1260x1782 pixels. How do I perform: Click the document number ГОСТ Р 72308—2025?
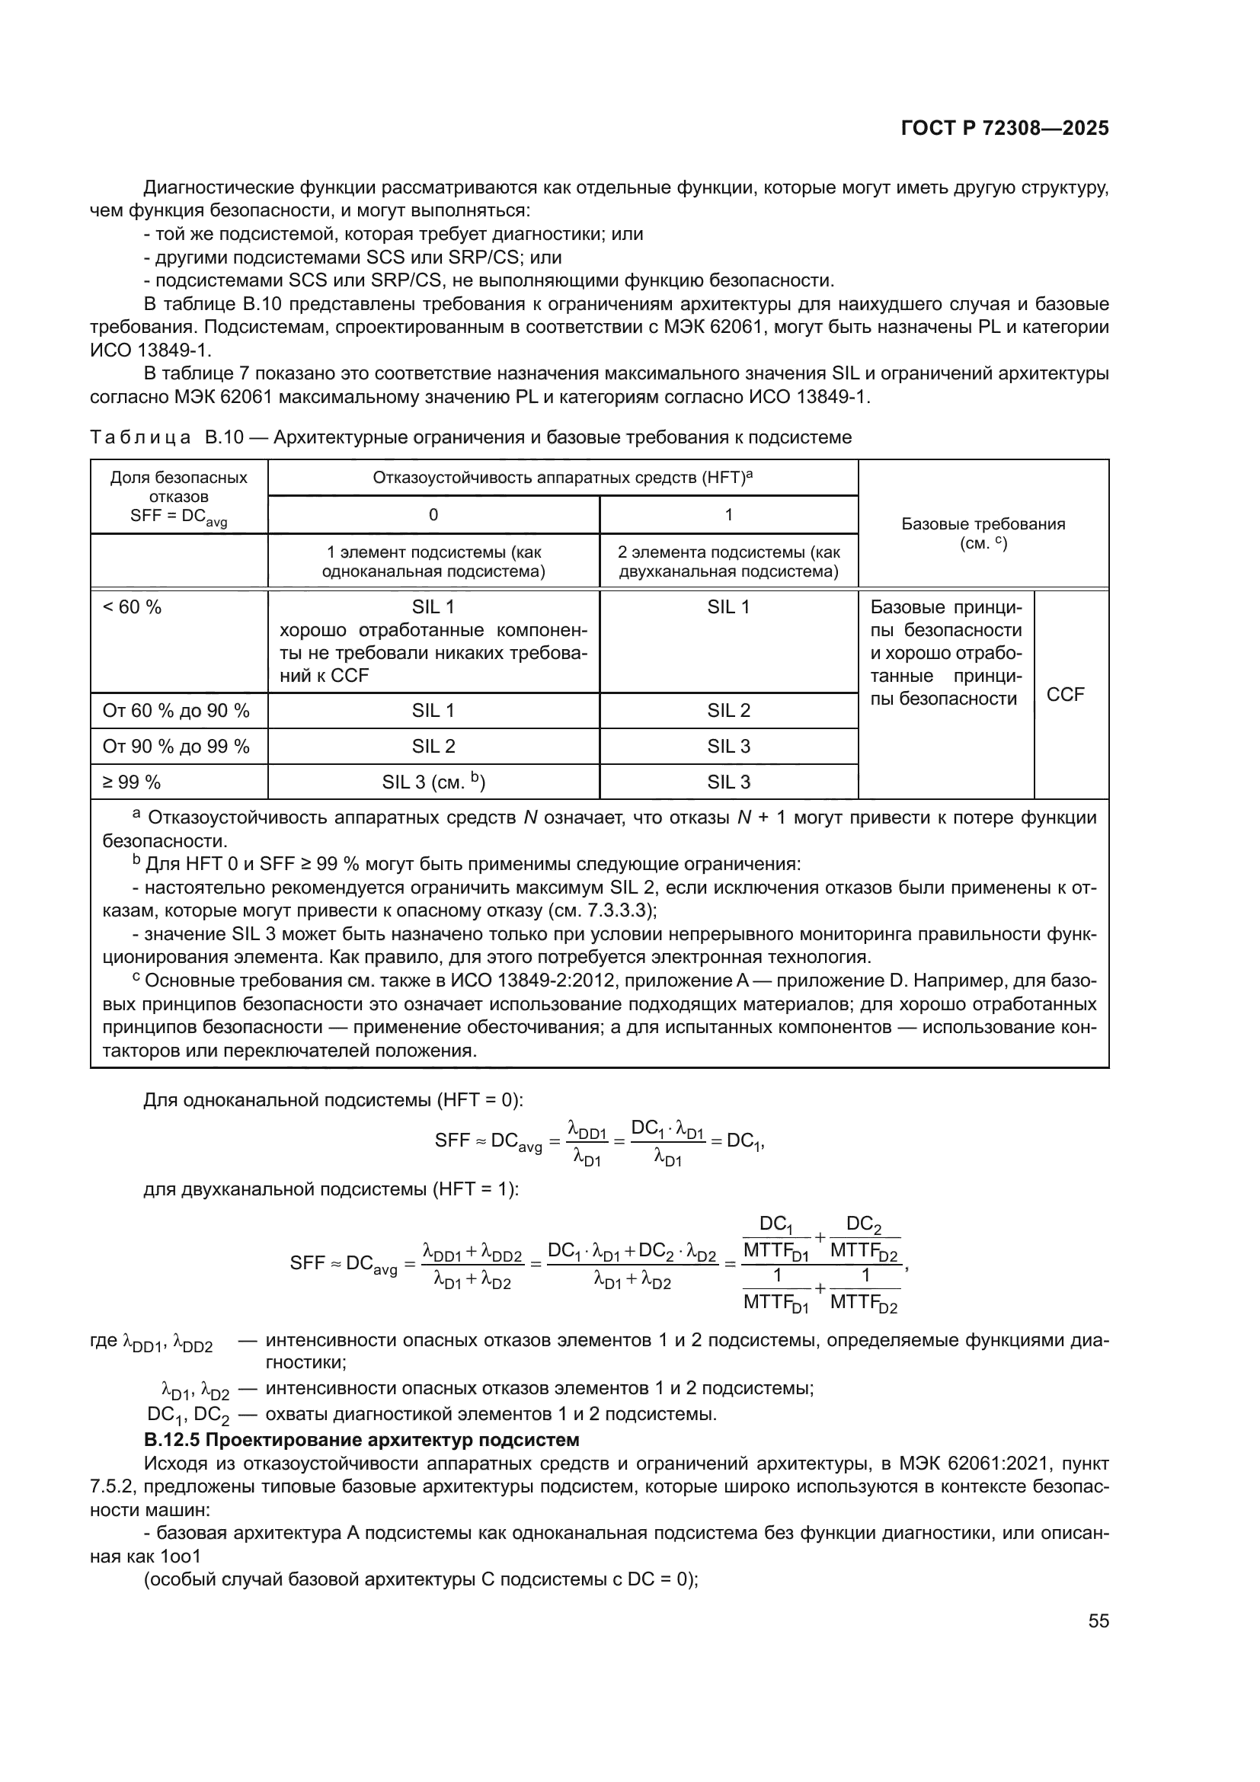click(1004, 129)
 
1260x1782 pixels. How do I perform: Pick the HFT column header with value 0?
click(433, 514)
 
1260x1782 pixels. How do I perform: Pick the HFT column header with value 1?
click(728, 514)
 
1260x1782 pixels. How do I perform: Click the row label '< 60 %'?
click(132, 608)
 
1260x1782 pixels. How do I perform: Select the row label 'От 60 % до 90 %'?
click(176, 711)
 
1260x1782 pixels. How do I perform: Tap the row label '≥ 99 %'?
click(132, 782)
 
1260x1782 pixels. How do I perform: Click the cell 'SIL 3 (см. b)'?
click(433, 782)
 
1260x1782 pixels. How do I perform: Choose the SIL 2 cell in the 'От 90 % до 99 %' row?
click(433, 747)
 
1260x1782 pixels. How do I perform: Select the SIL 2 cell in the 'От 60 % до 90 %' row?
click(728, 711)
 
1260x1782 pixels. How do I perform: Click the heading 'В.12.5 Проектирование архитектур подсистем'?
click(362, 1441)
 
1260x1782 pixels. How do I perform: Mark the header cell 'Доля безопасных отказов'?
click(178, 488)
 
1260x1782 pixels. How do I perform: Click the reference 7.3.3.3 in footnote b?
click(616, 910)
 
